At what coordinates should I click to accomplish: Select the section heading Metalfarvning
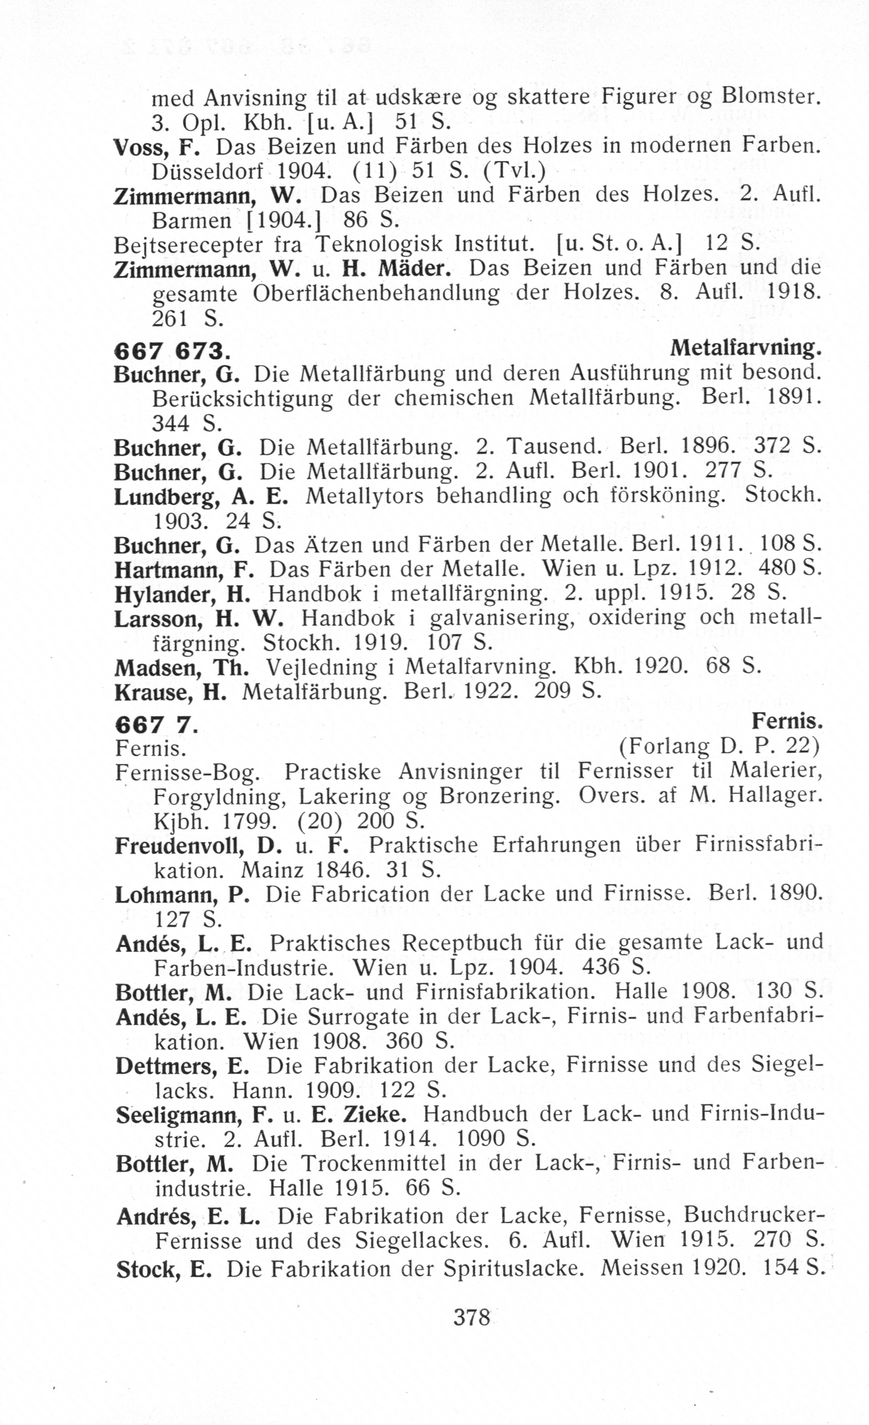746,348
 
